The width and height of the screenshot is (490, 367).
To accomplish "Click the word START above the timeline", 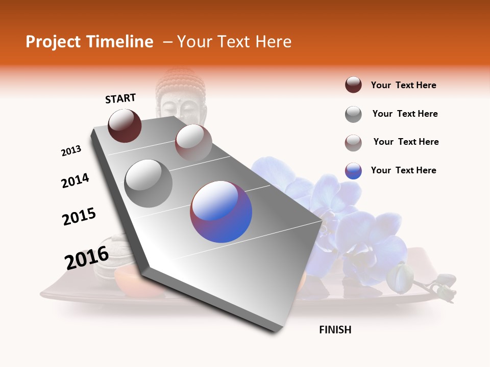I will click(x=120, y=98).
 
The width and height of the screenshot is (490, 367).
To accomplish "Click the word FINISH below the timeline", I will click(x=335, y=330).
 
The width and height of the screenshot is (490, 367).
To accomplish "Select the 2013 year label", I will click(x=71, y=151).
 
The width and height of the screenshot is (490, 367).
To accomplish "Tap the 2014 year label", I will click(x=75, y=180).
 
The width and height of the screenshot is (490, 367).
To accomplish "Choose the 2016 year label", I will click(x=87, y=258).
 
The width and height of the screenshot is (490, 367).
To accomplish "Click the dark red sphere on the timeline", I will click(x=125, y=125).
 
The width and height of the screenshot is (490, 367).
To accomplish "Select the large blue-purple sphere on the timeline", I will click(x=221, y=212).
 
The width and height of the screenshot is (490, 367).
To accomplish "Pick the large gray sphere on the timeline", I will click(x=148, y=183).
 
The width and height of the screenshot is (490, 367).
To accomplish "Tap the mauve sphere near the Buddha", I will click(x=193, y=142).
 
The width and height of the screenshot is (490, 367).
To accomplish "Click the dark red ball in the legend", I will click(x=353, y=85).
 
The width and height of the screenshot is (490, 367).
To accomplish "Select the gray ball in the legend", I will click(x=353, y=114).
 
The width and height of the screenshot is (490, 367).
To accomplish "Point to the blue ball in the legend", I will click(x=353, y=171).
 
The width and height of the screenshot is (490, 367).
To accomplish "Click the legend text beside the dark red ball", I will click(x=403, y=85).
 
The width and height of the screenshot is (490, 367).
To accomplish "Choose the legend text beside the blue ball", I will click(x=403, y=170).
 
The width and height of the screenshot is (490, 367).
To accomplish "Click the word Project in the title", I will click(x=53, y=42).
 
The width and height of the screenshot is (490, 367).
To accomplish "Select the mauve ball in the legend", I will click(x=353, y=143).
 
